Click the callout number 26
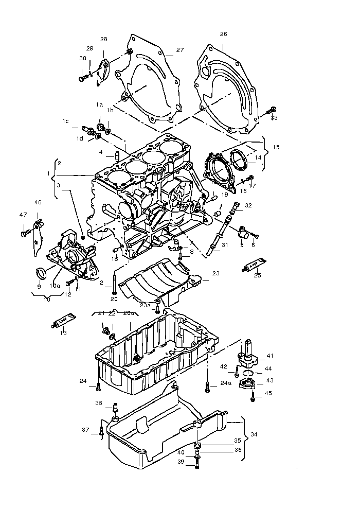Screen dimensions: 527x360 tap(223, 34)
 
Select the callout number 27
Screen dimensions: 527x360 tap(179, 50)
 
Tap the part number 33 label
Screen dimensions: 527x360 tap(274, 118)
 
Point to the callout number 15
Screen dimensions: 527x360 tap(276, 147)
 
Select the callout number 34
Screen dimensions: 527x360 tap(254, 434)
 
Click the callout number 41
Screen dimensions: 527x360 tap(270, 356)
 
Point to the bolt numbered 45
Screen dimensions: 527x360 tap(254, 396)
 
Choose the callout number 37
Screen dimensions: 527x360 tap(85, 430)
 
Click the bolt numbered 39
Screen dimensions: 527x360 tap(197, 465)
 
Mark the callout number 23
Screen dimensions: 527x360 tap(215, 273)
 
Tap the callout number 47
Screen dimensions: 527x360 tap(23, 215)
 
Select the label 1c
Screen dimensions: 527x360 tap(65, 121)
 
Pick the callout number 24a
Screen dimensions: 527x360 tap(225, 383)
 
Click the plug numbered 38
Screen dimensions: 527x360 tap(115, 408)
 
